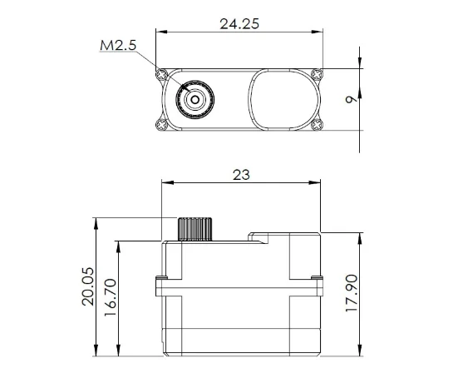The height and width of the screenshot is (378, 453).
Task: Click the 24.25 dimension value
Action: click(x=239, y=24)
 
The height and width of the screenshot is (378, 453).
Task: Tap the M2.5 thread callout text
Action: click(x=118, y=46)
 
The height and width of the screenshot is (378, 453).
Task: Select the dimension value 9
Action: click(x=352, y=100)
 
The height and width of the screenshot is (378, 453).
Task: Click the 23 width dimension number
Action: click(x=241, y=175)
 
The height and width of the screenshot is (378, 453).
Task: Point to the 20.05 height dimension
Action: click(x=88, y=286)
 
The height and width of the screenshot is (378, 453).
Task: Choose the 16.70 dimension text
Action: click(x=110, y=297)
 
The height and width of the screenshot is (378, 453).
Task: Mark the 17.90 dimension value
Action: click(x=352, y=293)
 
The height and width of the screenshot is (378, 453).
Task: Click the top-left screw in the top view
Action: click(x=161, y=75)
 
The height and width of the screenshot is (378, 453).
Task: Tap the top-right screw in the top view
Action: click(x=318, y=75)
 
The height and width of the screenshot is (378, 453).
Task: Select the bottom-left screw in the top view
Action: click(x=161, y=125)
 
